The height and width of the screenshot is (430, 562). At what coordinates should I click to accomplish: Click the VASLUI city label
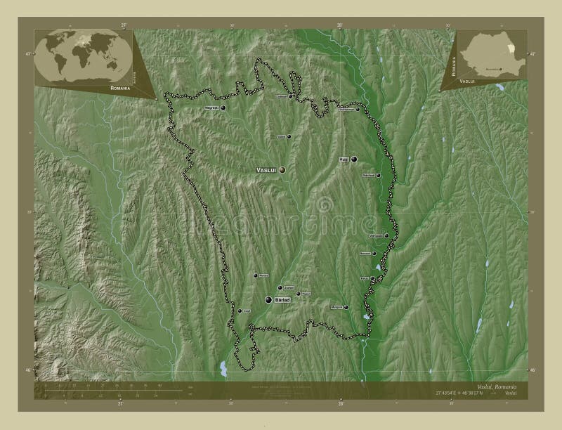click(266, 170)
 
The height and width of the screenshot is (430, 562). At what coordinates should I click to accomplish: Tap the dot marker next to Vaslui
click(282, 170)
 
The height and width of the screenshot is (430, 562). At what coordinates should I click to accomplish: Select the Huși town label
click(344, 159)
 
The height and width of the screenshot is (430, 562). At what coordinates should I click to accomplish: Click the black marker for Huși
click(355, 159)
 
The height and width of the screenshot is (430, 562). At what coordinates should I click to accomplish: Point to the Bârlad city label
click(282, 300)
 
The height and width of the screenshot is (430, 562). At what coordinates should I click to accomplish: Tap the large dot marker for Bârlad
click(268, 300)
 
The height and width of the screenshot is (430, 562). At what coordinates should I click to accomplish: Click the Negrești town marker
click(223, 108)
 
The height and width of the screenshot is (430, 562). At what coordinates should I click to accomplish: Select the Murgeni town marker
click(346, 307)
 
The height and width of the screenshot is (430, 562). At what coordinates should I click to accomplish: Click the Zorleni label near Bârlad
click(288, 287)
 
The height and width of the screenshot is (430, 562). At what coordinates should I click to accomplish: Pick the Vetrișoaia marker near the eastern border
click(386, 235)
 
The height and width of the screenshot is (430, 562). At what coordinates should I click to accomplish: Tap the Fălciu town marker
click(372, 278)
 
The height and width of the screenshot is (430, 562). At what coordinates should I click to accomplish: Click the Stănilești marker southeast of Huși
click(378, 175)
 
